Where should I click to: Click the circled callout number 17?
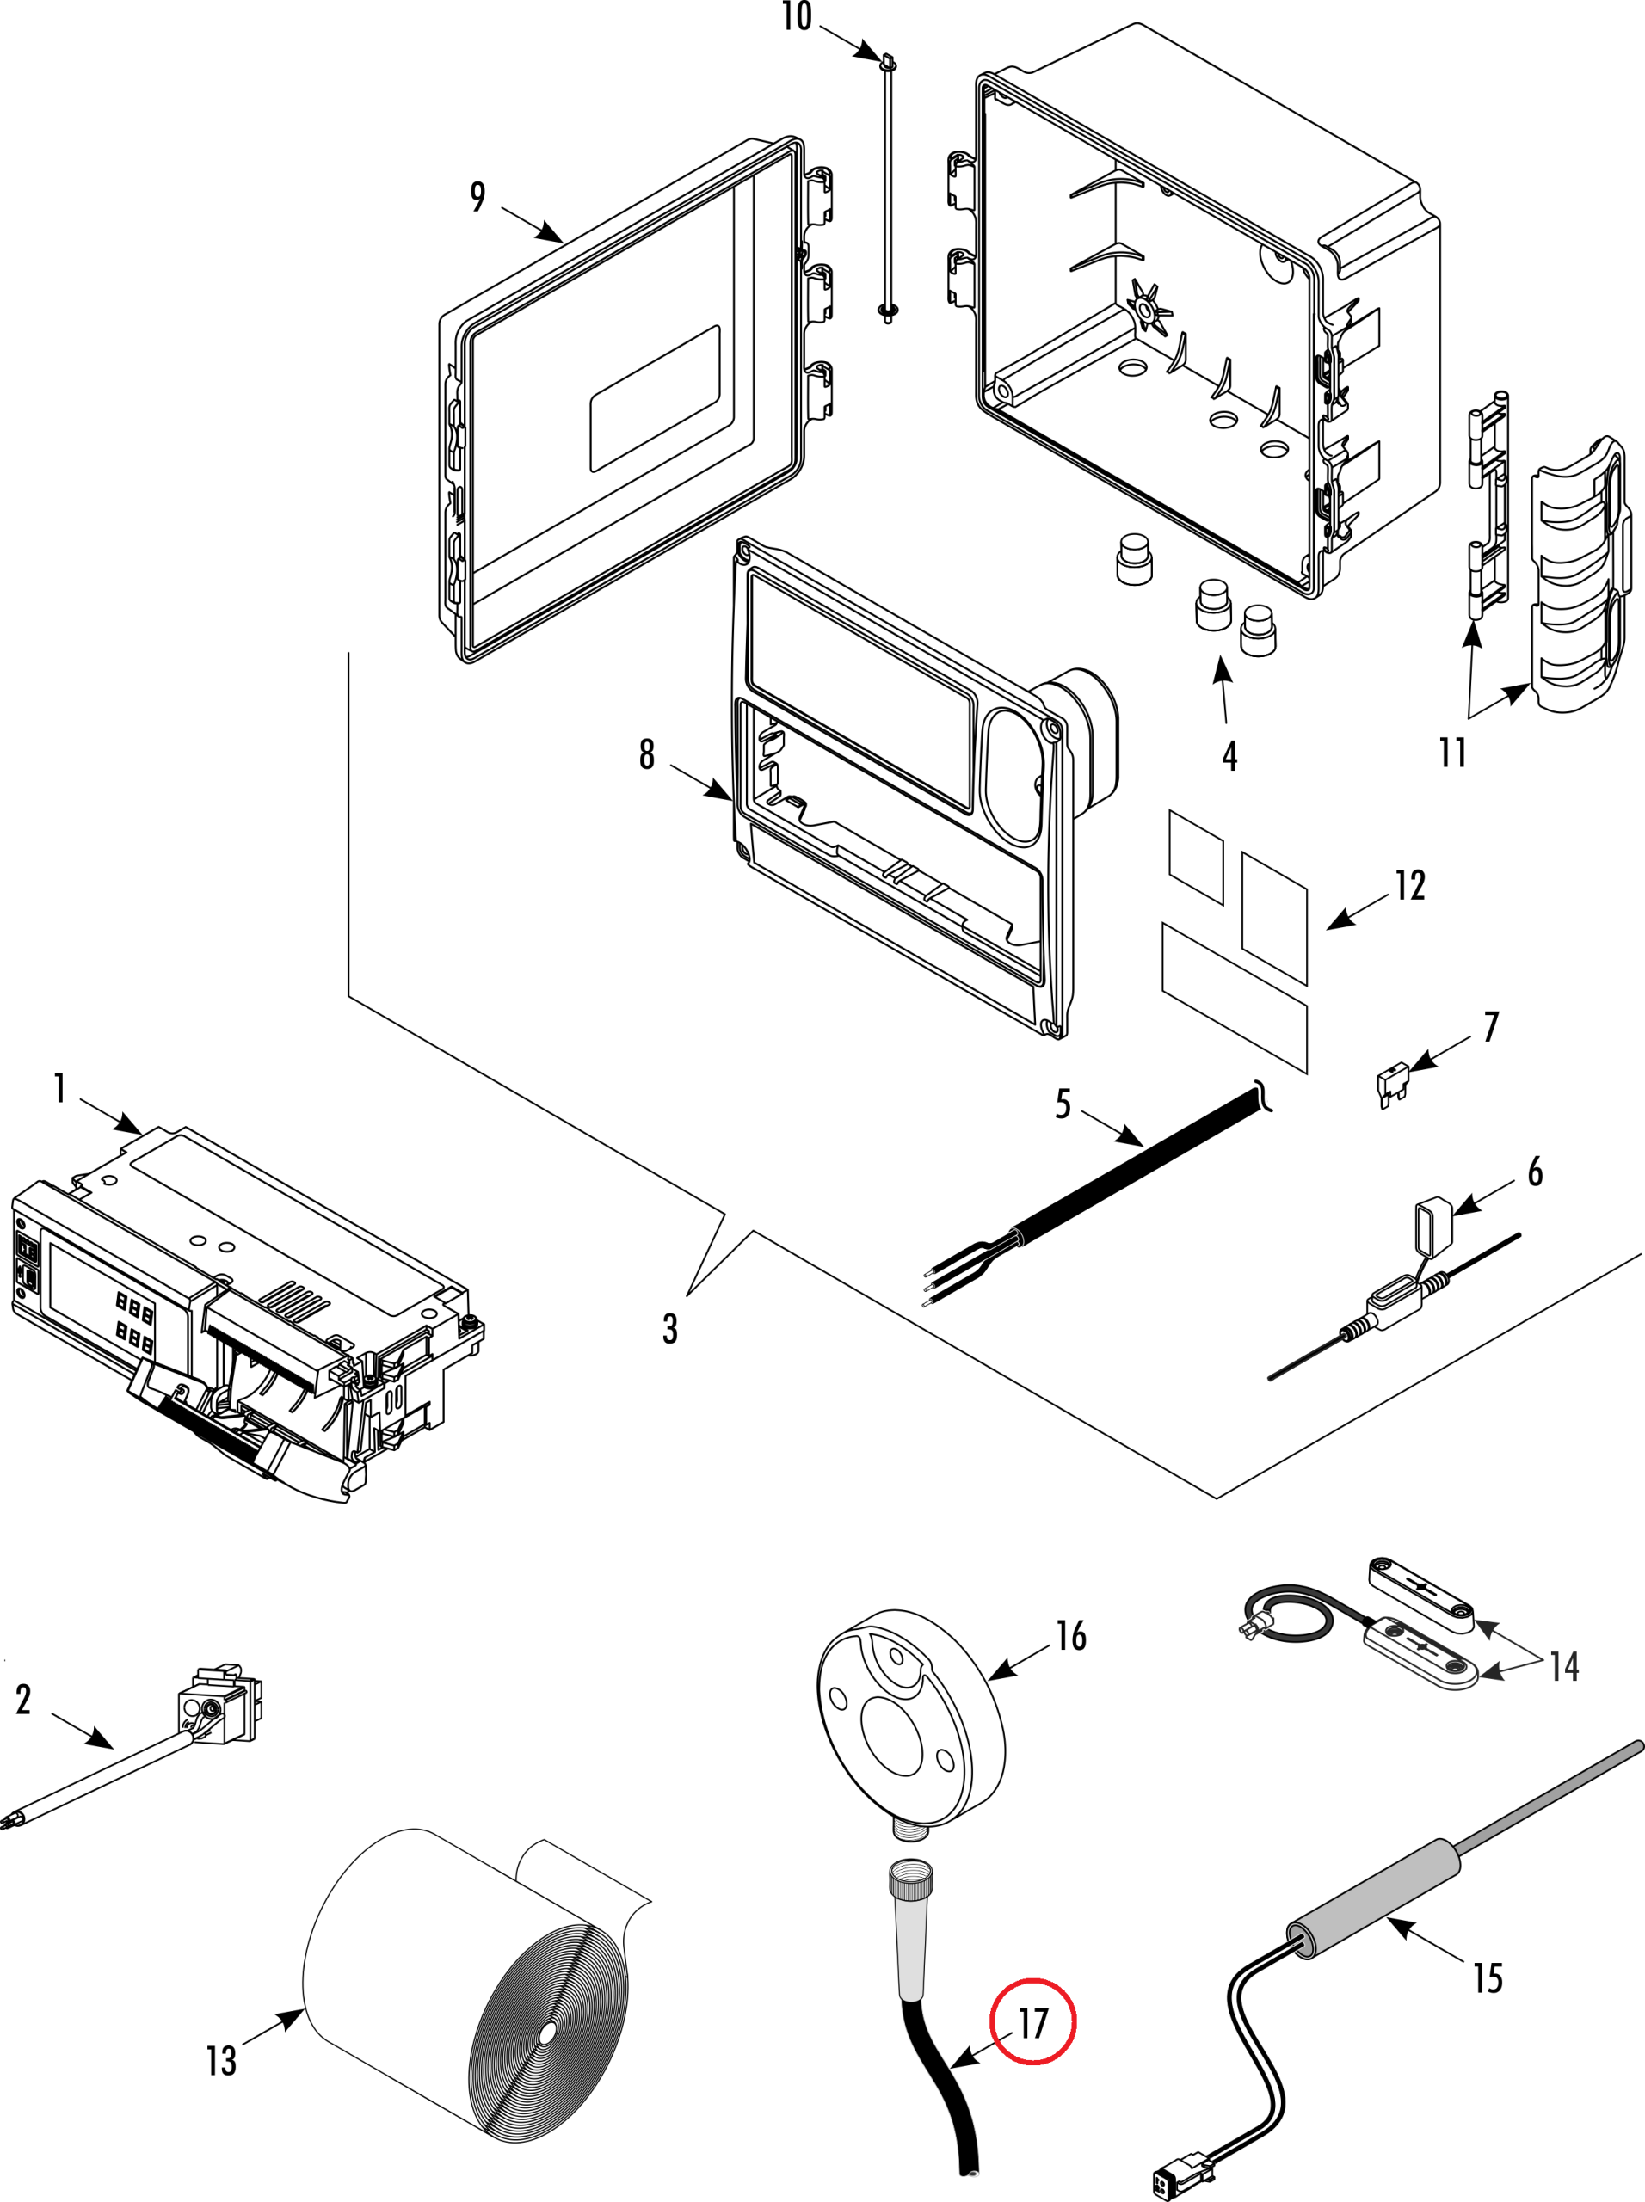[1032, 2022]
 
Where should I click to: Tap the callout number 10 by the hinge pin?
[797, 17]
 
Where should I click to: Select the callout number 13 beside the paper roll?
[221, 2060]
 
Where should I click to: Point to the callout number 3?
[670, 1329]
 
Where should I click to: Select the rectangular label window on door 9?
[654, 398]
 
